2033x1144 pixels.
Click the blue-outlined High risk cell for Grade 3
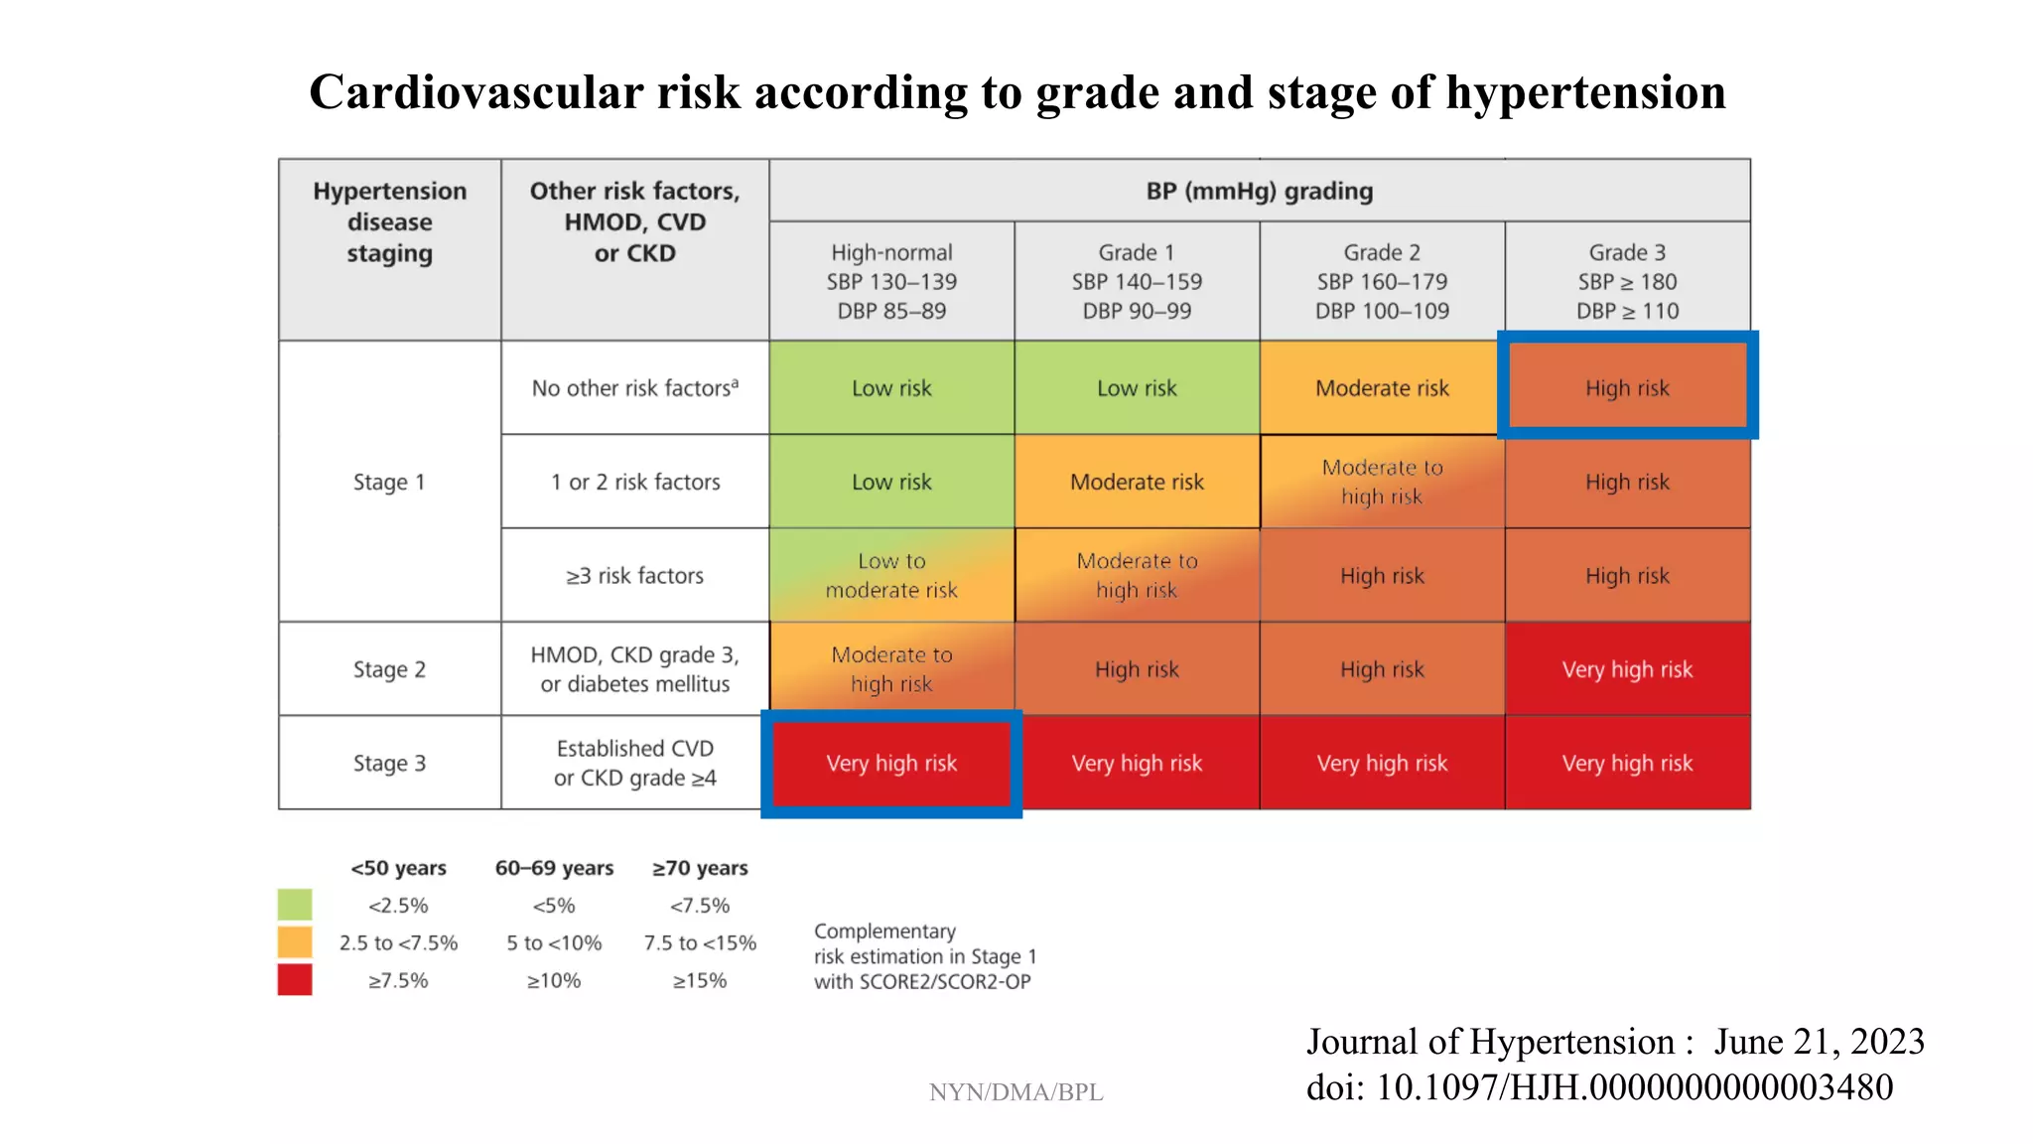pyautogui.click(x=1627, y=387)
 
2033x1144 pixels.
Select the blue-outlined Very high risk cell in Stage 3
pyautogui.click(x=891, y=763)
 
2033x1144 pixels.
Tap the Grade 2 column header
pyautogui.click(x=1382, y=281)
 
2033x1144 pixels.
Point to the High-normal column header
pyautogui.click(x=891, y=281)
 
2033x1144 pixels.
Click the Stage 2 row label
pyautogui.click(x=389, y=669)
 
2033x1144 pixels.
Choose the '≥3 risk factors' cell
pyautogui.click(x=634, y=575)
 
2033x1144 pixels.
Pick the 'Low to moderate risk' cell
pyautogui.click(x=891, y=575)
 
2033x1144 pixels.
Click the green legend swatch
pyautogui.click(x=295, y=905)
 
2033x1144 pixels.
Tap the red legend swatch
pyautogui.click(x=295, y=979)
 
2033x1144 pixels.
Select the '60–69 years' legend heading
pyautogui.click(x=554, y=868)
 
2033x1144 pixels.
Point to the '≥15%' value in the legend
pyautogui.click(x=700, y=980)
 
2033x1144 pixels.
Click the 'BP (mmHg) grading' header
pyautogui.click(x=1259, y=191)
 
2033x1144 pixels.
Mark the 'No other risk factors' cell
pyautogui.click(x=634, y=387)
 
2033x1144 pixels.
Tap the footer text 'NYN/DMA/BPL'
pyautogui.click(x=1016, y=1092)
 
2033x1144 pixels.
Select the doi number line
pyautogui.click(x=1599, y=1087)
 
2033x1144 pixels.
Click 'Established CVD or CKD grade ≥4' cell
pyautogui.click(x=634, y=763)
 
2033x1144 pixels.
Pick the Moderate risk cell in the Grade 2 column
pyautogui.click(x=1382, y=387)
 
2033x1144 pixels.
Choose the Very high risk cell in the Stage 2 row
pyautogui.click(x=1627, y=669)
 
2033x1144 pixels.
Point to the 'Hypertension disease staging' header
pyautogui.click(x=389, y=221)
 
